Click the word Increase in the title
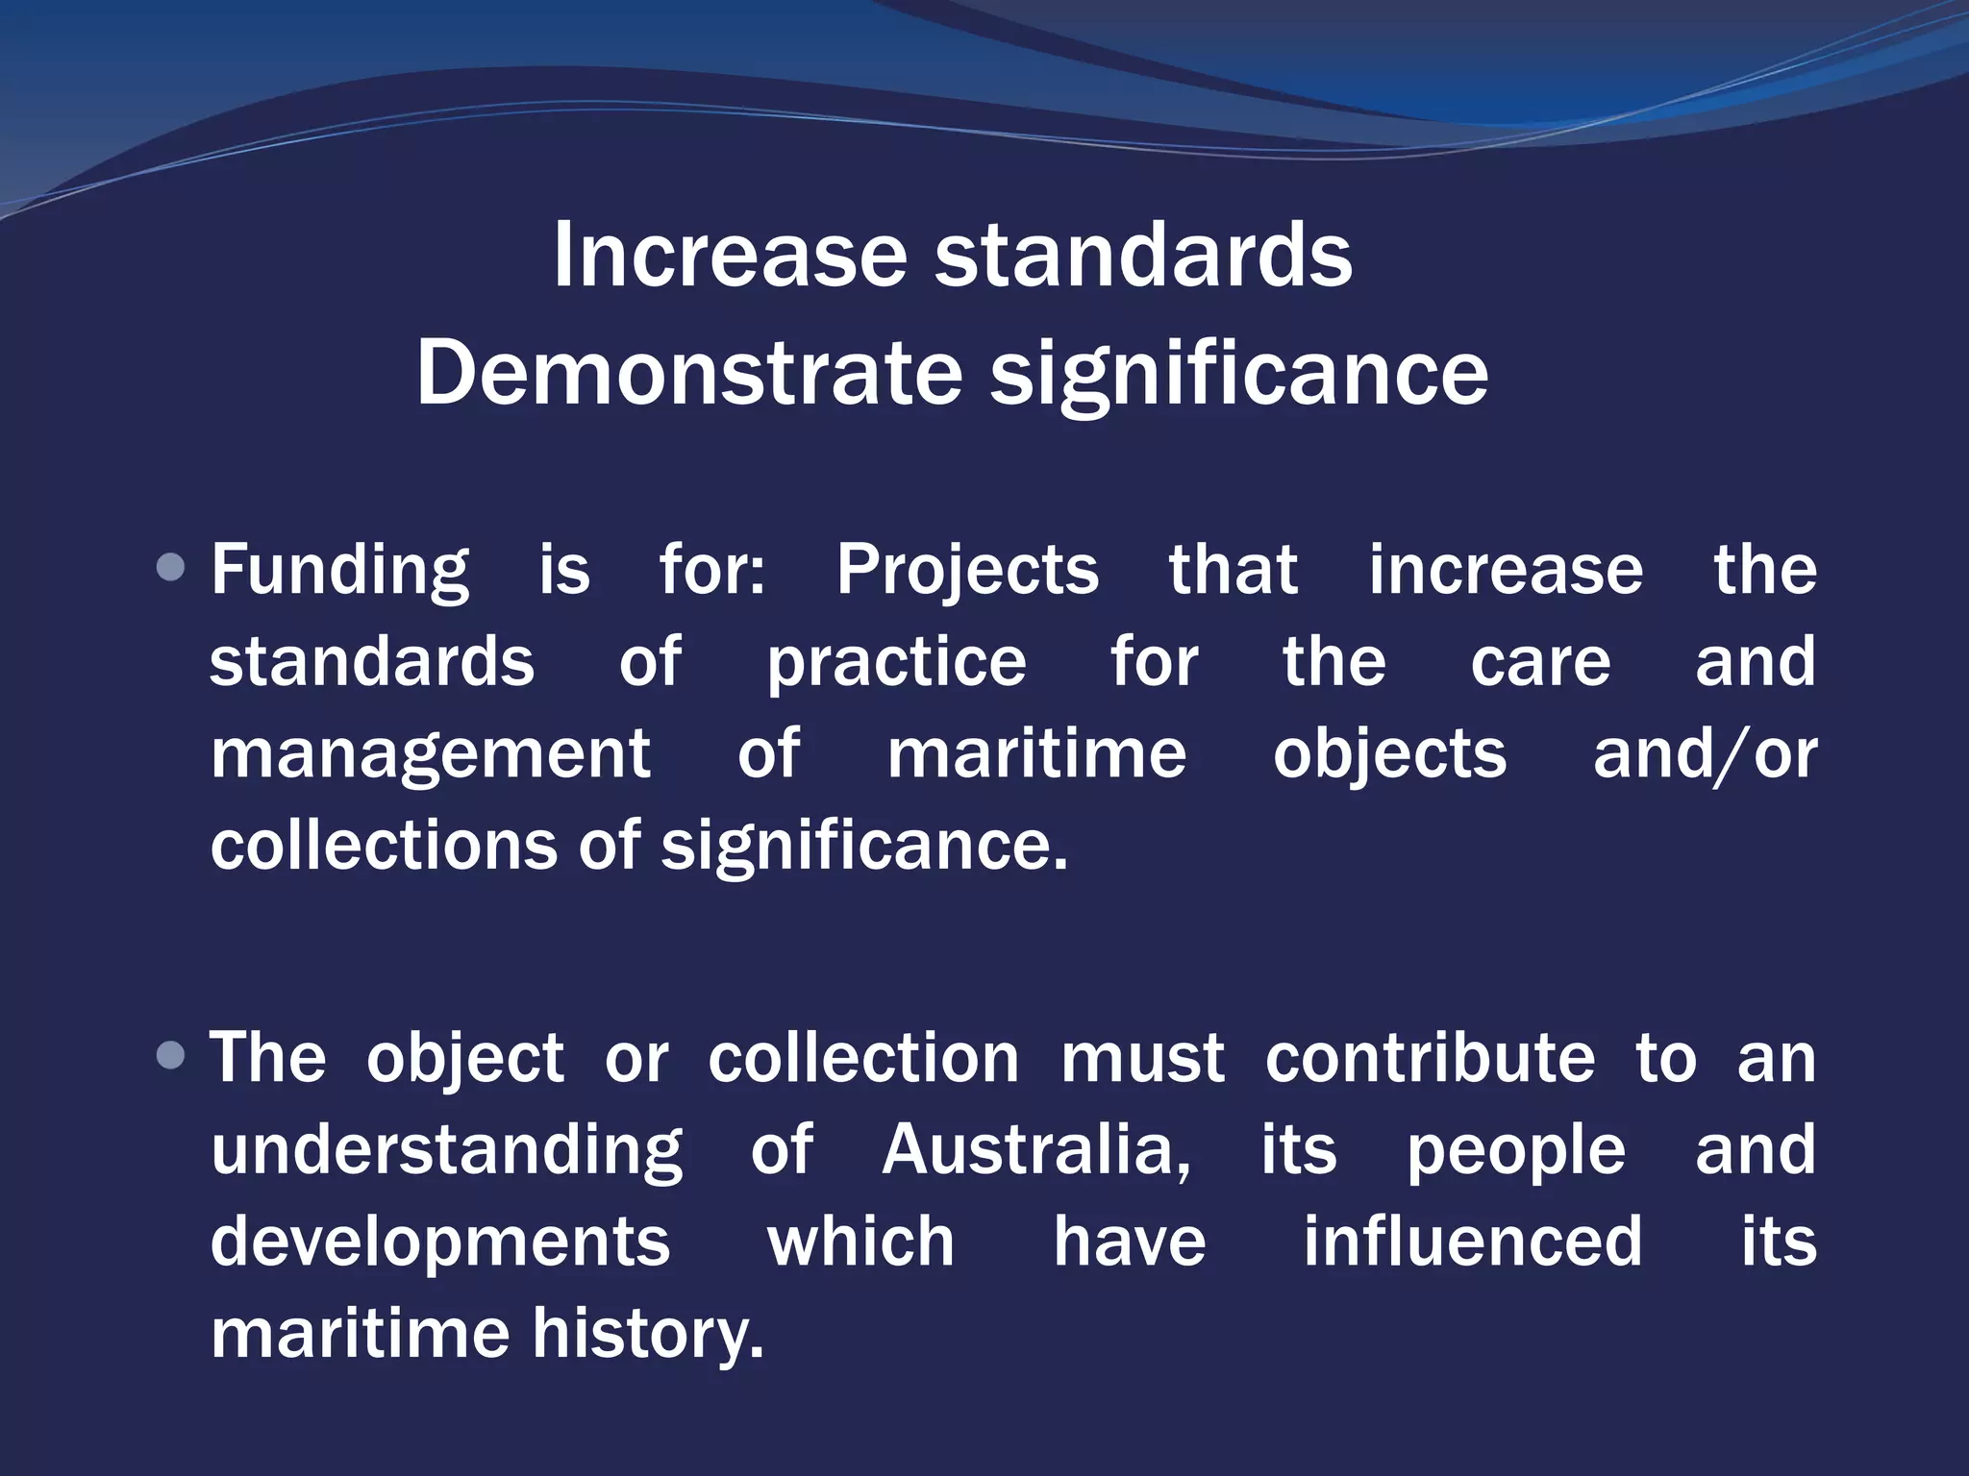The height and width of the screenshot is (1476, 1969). (730, 255)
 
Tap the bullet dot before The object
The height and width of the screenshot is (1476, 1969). (170, 1056)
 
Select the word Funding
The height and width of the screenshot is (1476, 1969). (340, 571)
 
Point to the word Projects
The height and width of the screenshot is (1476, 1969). (966, 571)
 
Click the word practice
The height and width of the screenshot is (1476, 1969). (896, 663)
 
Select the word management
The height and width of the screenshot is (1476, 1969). (431, 755)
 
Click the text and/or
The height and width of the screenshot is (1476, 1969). (1705, 755)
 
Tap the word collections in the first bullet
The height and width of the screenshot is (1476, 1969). (384, 846)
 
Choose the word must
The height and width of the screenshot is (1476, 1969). (1142, 1058)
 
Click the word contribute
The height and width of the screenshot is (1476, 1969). (1430, 1058)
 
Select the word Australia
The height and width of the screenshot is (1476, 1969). (1035, 1150)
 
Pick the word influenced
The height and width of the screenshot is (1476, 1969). (1472, 1242)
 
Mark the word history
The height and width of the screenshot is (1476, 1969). (648, 1336)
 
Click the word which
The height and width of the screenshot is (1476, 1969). (860, 1242)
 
